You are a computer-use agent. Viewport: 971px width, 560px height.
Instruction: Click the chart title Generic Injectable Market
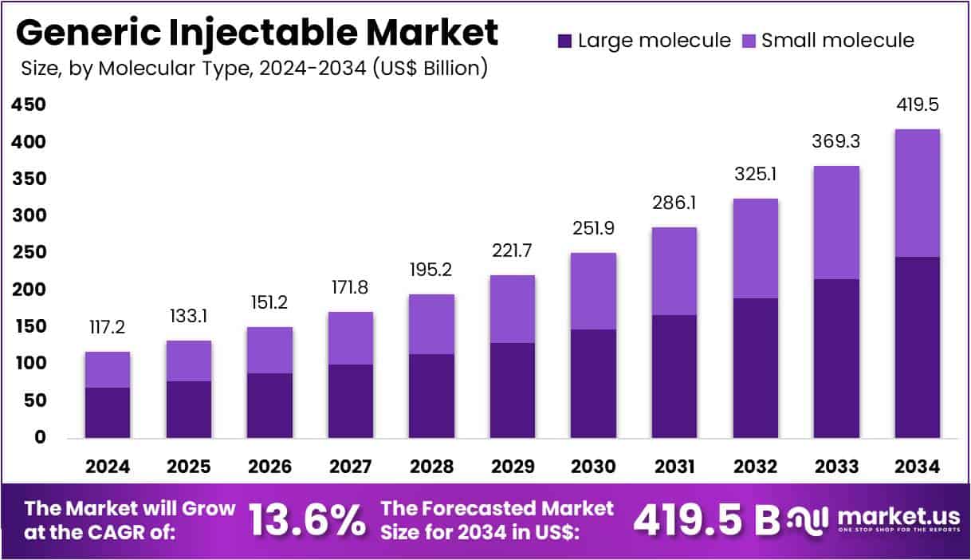pos(257,33)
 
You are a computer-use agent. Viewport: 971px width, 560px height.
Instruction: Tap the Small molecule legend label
pos(838,41)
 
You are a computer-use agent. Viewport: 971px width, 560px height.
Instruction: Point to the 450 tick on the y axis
pos(29,105)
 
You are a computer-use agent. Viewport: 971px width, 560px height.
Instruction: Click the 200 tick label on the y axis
pos(29,290)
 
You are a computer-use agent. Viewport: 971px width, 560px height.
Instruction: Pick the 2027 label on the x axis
pos(350,466)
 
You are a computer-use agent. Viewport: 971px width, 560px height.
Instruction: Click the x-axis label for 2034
pos(917,466)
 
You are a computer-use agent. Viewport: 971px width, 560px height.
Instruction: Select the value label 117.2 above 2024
pos(108,327)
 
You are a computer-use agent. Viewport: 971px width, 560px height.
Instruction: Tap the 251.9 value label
pos(593,228)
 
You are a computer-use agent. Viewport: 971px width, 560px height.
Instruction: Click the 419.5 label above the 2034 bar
pos(917,104)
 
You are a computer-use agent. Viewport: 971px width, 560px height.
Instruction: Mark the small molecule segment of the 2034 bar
pos(917,193)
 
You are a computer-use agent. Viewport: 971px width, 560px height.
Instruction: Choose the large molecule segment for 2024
pos(108,412)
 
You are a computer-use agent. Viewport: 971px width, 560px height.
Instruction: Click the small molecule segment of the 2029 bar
pos(512,309)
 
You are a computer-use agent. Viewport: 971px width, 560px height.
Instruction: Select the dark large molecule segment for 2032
pos(755,368)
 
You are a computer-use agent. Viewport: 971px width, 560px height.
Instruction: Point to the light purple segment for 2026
pos(269,350)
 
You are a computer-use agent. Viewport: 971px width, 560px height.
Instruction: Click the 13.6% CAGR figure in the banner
pos(307,520)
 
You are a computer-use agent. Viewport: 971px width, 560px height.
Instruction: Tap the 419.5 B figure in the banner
pos(706,520)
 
